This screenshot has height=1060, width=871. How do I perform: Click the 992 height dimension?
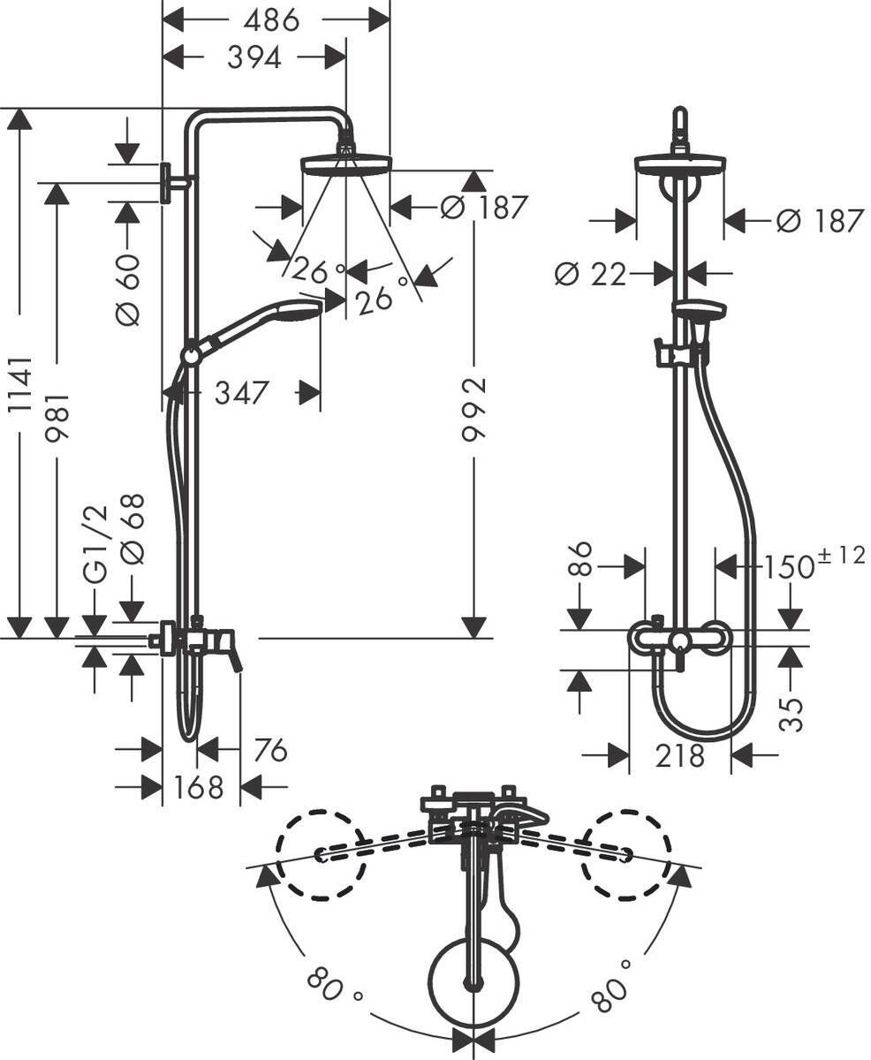(474, 409)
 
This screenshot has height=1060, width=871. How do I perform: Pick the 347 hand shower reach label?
(240, 392)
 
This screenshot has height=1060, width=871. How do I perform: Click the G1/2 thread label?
(95, 543)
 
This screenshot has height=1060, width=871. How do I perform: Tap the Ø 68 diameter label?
(132, 529)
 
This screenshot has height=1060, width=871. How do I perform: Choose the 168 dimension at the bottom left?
(199, 786)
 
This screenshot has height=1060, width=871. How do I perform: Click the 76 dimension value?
(270, 750)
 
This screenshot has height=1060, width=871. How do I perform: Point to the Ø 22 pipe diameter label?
(590, 274)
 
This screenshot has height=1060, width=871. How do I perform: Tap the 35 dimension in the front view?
(793, 713)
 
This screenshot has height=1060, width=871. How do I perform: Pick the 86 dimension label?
(579, 559)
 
